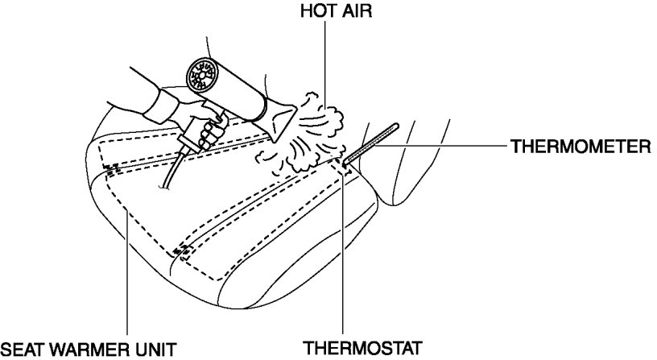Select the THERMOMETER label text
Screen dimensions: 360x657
(x=580, y=147)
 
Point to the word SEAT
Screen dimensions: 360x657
(x=22, y=349)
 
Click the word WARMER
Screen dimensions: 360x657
(x=89, y=349)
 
